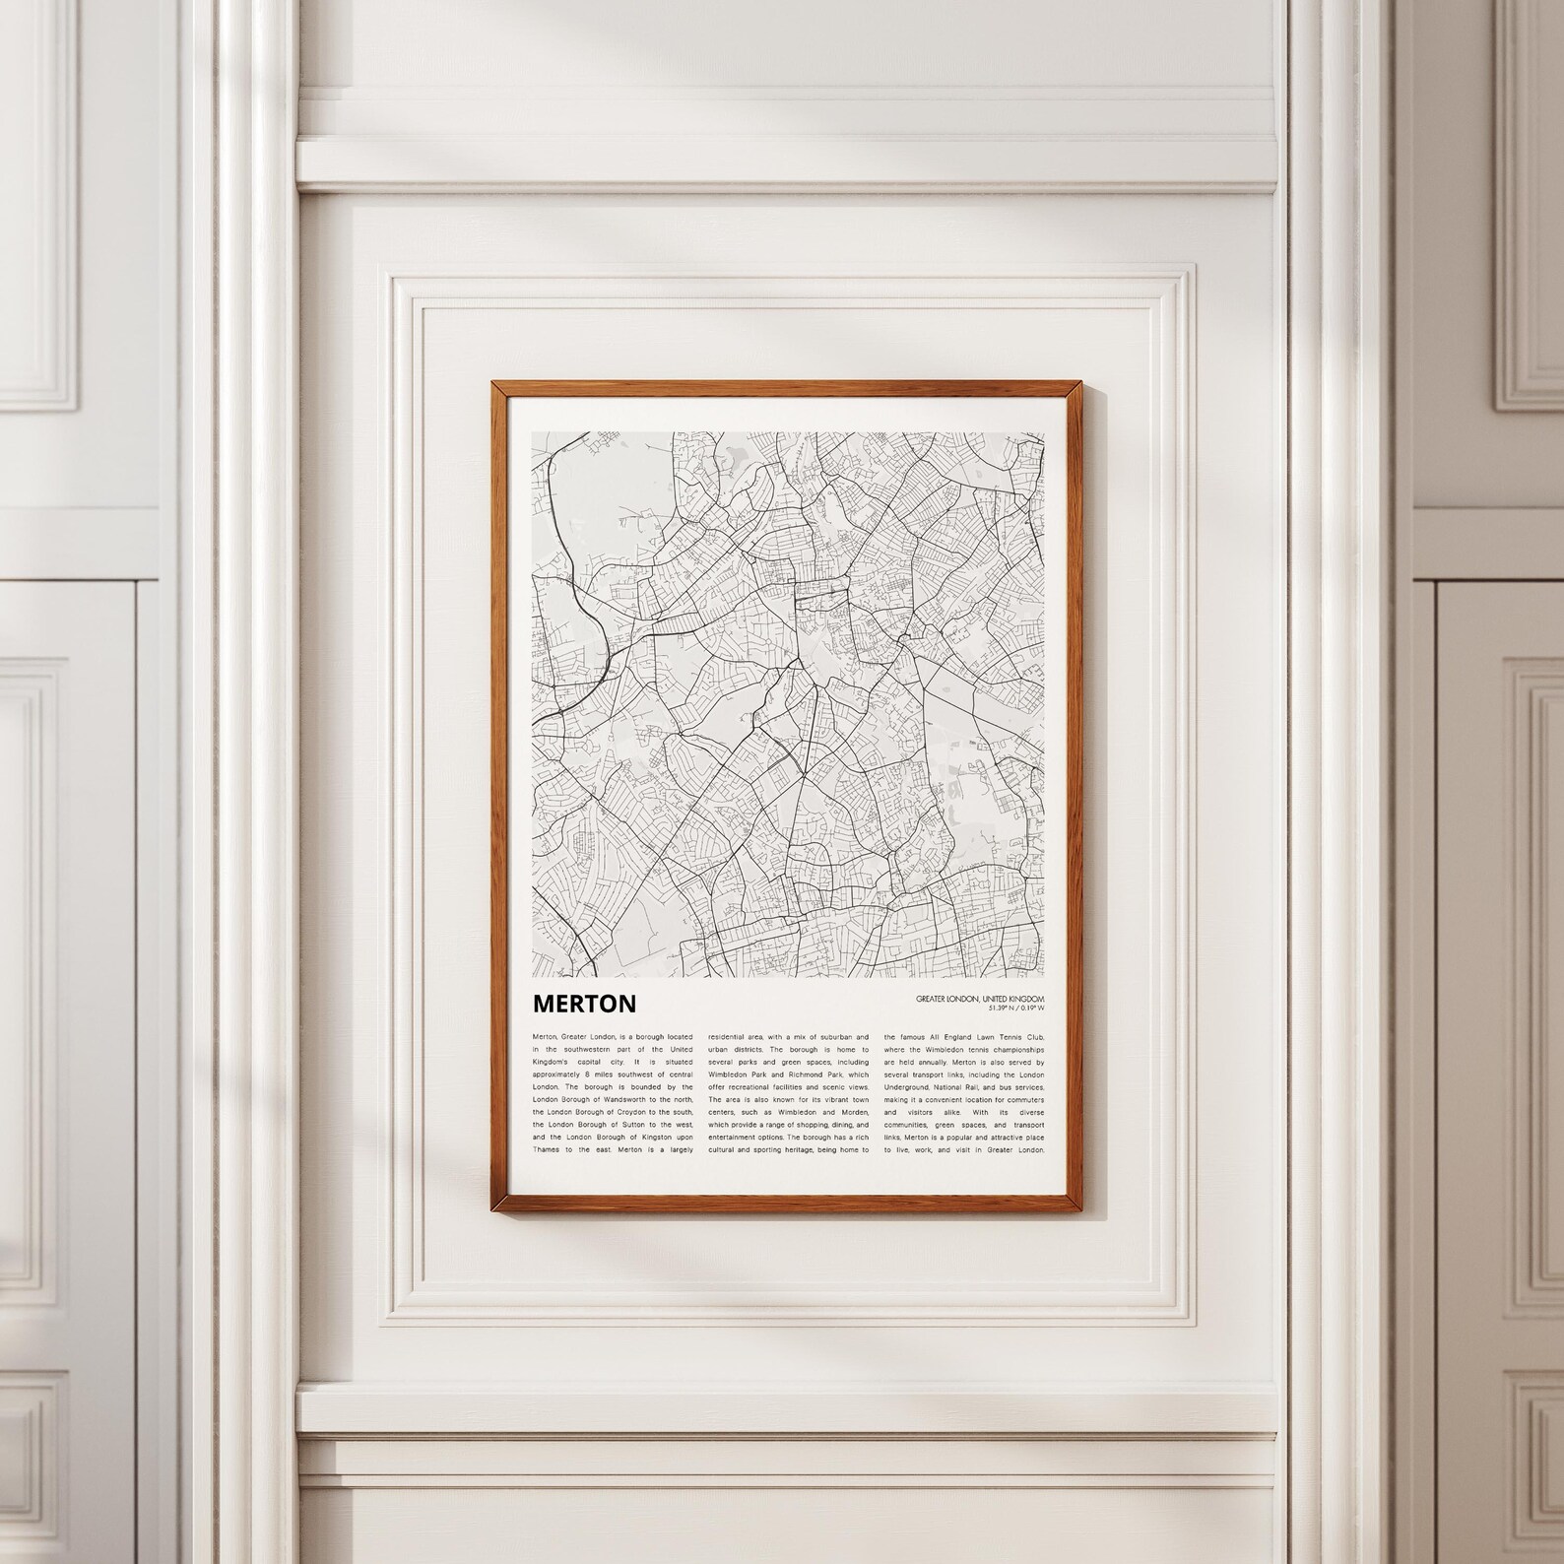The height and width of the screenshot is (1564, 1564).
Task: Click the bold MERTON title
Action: point(584,1004)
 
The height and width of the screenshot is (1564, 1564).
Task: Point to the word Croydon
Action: point(630,1112)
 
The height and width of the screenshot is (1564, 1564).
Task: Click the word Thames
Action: point(547,1149)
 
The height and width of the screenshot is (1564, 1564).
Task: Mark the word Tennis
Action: point(987,1037)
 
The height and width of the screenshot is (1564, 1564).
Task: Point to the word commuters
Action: point(1021,1099)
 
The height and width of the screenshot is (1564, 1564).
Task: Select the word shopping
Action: point(796,1124)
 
